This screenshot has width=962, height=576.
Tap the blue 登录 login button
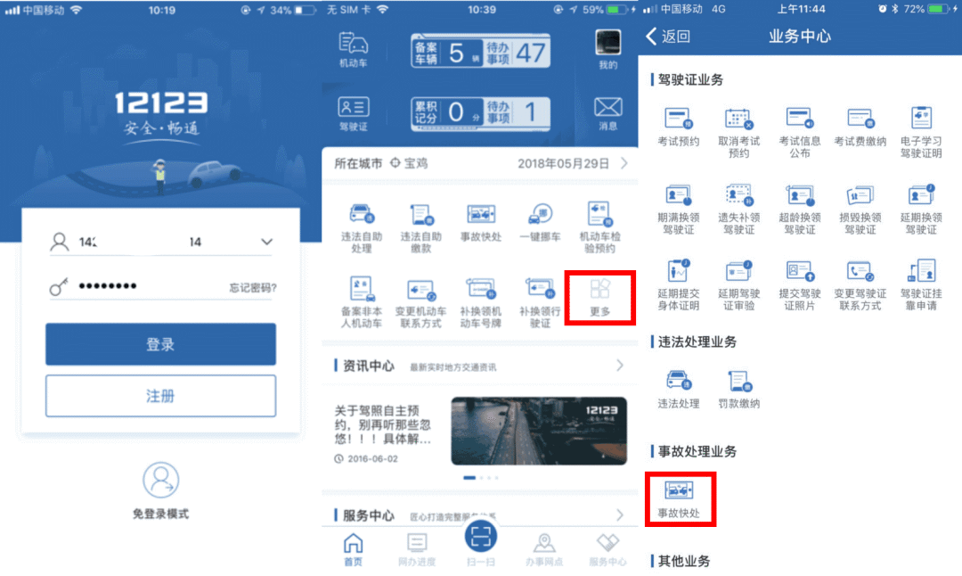pyautogui.click(x=160, y=344)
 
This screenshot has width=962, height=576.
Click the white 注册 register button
pyautogui.click(x=160, y=396)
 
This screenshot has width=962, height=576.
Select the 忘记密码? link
pyautogui.click(x=252, y=288)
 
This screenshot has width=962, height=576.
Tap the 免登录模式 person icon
pyautogui.click(x=160, y=481)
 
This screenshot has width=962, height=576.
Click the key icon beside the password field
pyautogui.click(x=60, y=287)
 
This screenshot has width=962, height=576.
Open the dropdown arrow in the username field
pyautogui.click(x=266, y=242)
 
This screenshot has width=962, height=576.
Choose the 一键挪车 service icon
pyautogui.click(x=540, y=216)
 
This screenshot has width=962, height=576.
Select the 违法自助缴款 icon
pyautogui.click(x=420, y=216)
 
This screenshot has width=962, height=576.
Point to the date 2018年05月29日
pyautogui.click(x=563, y=164)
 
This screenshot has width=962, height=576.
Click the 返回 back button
pyautogui.click(x=667, y=37)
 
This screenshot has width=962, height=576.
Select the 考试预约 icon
pyautogui.click(x=679, y=119)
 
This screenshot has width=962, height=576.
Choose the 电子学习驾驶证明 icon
pyautogui.click(x=921, y=119)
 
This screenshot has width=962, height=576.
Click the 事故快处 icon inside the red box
pyautogui.click(x=679, y=490)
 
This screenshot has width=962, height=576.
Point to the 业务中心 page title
pyautogui.click(x=800, y=37)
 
